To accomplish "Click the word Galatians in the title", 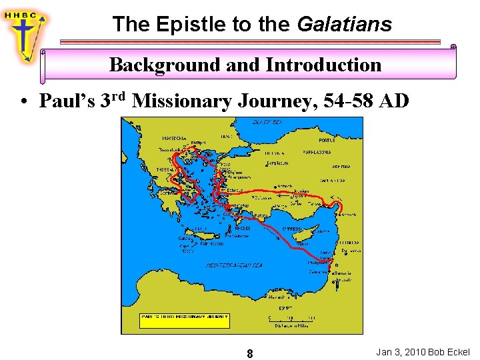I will [x=344, y=25].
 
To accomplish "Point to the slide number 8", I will [x=249, y=353].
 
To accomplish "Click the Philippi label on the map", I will [x=197, y=142].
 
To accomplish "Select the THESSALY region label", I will [x=165, y=170].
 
